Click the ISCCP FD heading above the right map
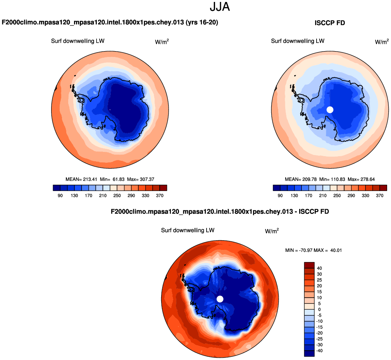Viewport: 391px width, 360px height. tap(329, 23)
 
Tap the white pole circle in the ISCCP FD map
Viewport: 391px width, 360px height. tap(330, 110)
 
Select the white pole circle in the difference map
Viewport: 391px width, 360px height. tap(220, 299)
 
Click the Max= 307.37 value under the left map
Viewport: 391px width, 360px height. tap(141, 179)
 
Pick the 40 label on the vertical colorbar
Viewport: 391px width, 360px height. tap(319, 268)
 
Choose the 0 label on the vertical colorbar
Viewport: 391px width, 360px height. tap(319, 309)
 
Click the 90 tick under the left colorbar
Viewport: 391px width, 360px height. tap(60, 196)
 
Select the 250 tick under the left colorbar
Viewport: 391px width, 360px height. tap(117, 196)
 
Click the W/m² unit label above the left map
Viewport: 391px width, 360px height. tap(162, 42)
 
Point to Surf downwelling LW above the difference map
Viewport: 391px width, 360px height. tap(188, 230)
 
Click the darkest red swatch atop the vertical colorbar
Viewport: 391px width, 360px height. tap(309, 265)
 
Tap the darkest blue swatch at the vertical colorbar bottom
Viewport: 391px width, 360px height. tap(309, 353)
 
